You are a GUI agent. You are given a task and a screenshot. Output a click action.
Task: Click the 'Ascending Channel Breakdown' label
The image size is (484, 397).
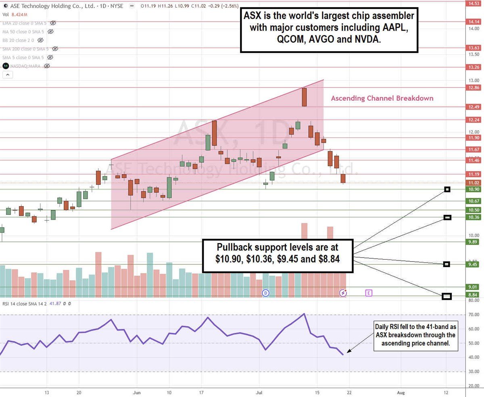(x=382, y=98)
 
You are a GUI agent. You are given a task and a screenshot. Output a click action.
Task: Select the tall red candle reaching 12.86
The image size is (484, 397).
(x=304, y=97)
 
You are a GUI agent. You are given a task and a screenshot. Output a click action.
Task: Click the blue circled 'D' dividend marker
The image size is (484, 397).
(x=265, y=293)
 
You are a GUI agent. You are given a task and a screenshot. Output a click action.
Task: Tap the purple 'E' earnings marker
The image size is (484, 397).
(x=369, y=293)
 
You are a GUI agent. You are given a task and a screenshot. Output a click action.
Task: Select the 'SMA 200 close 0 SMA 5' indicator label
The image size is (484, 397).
(x=26, y=49)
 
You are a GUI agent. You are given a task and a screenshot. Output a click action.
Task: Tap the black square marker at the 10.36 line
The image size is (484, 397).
(x=447, y=218)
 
